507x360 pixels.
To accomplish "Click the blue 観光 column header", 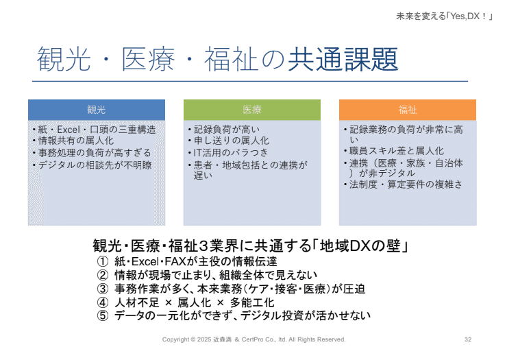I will [x=96, y=110].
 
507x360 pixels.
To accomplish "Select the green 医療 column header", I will [x=252, y=110].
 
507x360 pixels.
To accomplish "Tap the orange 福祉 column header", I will [x=408, y=110].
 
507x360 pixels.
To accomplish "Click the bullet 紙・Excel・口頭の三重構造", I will [x=96, y=130].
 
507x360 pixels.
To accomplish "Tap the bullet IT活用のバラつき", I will [x=230, y=153].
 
